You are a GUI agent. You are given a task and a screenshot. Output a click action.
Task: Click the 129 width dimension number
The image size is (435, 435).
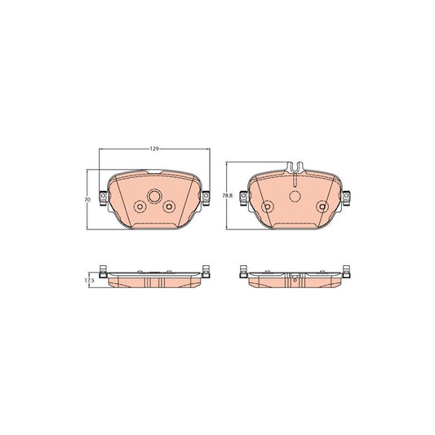tap(154, 149)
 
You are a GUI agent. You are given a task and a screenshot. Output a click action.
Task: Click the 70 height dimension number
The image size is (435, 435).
tap(87, 200)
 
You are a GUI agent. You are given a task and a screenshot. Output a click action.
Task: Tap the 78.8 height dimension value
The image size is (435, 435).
tap(227, 195)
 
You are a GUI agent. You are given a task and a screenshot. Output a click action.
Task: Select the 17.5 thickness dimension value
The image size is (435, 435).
tap(90, 281)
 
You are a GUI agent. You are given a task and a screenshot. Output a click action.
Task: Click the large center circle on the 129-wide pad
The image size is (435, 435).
tap(154, 197)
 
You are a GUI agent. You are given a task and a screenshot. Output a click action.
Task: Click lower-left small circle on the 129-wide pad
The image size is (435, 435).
tap(140, 206)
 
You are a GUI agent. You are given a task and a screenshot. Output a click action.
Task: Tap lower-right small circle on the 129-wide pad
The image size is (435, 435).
tap(169, 206)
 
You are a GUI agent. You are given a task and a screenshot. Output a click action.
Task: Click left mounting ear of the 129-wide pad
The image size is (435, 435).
tap(103, 198)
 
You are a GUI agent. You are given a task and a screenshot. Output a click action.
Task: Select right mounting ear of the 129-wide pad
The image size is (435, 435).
tap(206, 198)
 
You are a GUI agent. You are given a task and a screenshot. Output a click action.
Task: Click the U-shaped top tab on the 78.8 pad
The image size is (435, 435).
tap(295, 167)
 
